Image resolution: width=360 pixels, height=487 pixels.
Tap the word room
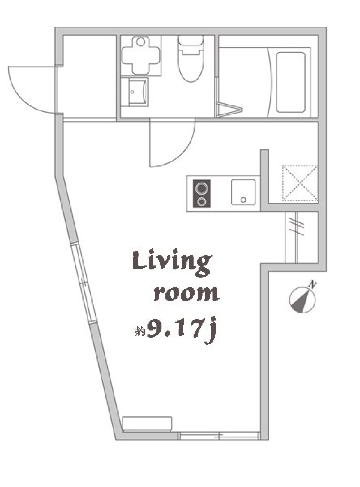click(186, 293)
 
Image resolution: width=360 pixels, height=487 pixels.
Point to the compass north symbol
click(303, 300)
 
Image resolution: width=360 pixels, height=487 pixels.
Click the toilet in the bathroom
click(190, 59)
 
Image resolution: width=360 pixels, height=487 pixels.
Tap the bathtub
click(290, 82)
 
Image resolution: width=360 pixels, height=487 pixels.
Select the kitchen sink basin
click(243, 192)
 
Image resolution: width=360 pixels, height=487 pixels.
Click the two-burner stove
click(202, 194)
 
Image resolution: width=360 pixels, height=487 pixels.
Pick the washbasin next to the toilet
click(136, 91)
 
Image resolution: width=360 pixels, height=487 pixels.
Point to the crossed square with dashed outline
click(300, 183)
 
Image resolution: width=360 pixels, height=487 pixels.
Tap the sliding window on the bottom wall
click(219, 436)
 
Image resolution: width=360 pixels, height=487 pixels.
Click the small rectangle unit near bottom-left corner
click(147, 423)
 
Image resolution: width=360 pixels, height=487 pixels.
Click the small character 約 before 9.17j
click(140, 332)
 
